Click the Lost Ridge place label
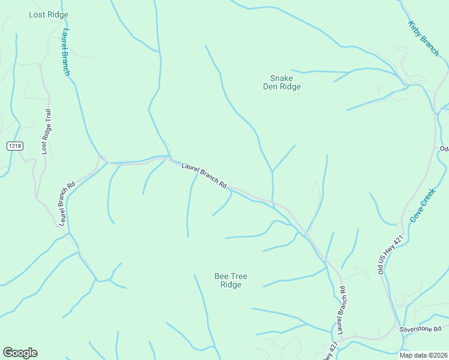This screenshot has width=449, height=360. point(49,14)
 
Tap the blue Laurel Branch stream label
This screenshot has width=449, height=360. point(65,52)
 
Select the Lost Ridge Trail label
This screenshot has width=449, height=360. point(46,131)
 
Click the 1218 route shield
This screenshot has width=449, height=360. point(14,146)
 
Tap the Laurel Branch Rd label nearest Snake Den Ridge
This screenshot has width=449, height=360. point(204,175)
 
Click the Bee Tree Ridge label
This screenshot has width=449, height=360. point(231,280)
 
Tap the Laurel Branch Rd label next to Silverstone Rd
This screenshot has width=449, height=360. point(342,310)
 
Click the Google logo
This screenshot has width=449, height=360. point(20,353)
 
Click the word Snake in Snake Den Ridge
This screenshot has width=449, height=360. point(282,78)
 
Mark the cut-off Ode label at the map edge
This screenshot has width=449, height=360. point(444,149)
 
